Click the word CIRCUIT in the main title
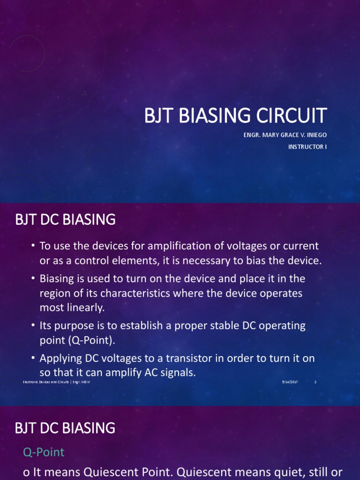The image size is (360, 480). [x=286, y=115]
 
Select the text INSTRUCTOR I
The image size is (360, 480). [x=307, y=147]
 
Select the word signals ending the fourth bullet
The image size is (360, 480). [x=179, y=373]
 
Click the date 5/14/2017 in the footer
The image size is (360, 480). [x=290, y=382]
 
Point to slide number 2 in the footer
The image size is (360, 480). [x=315, y=382]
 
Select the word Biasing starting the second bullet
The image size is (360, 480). [x=57, y=278]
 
